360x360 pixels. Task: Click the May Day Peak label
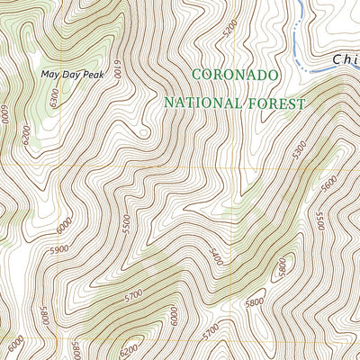click(x=79, y=75)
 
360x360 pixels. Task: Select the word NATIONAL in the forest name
click(x=202, y=103)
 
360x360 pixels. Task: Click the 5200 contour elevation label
click(x=233, y=30)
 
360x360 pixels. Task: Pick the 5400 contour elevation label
click(x=214, y=256)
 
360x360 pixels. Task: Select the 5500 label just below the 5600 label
click(x=343, y=219)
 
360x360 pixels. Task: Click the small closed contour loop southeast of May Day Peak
click(x=144, y=135)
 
